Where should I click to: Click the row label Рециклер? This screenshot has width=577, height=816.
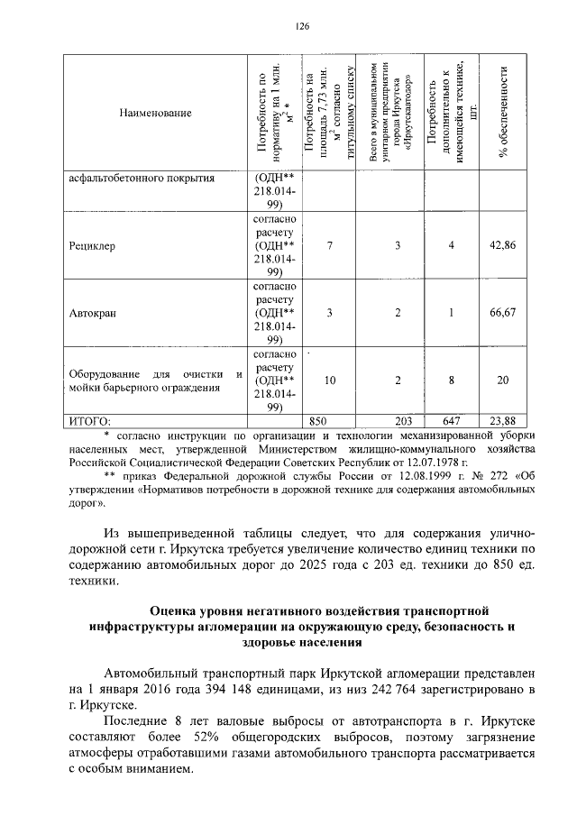[92, 245]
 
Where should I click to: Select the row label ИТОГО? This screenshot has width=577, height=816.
[90, 420]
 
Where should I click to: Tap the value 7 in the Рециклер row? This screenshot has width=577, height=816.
[330, 245]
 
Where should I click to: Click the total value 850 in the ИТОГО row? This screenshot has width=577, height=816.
[317, 420]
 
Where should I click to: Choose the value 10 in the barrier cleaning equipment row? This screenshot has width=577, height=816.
[330, 380]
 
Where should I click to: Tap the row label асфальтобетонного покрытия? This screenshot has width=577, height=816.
[142, 178]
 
